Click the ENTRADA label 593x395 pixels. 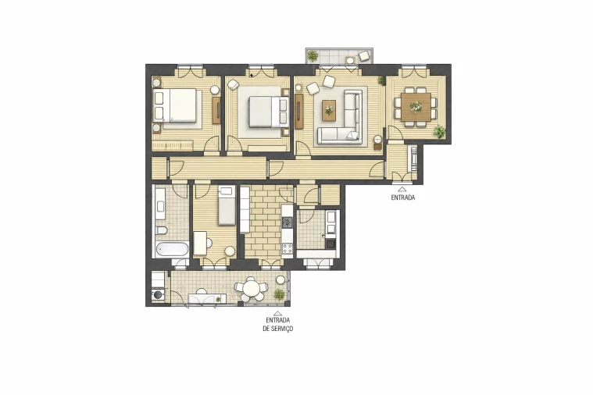click(x=402, y=198)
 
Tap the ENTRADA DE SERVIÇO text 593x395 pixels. click(x=279, y=325)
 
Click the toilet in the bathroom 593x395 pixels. click(x=160, y=231)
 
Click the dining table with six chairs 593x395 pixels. click(x=415, y=104)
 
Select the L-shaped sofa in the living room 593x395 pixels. click(x=347, y=121)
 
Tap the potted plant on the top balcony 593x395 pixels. click(x=313, y=55)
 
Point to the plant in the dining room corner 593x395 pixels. click(x=439, y=130)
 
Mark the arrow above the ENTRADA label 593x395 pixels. click(x=402, y=189)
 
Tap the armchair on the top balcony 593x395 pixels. click(x=363, y=55)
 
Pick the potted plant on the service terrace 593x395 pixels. click(x=278, y=294)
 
